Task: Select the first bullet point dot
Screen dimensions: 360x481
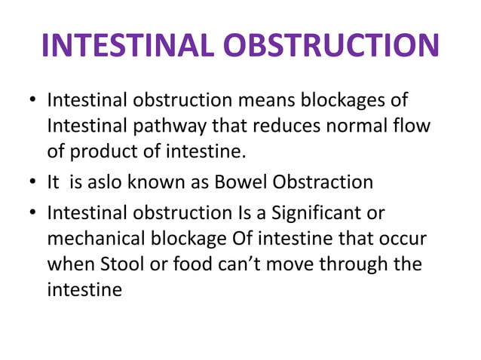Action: (x=32, y=100)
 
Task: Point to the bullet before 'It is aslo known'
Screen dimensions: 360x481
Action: (x=32, y=182)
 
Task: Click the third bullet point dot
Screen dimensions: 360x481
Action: (x=32, y=213)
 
